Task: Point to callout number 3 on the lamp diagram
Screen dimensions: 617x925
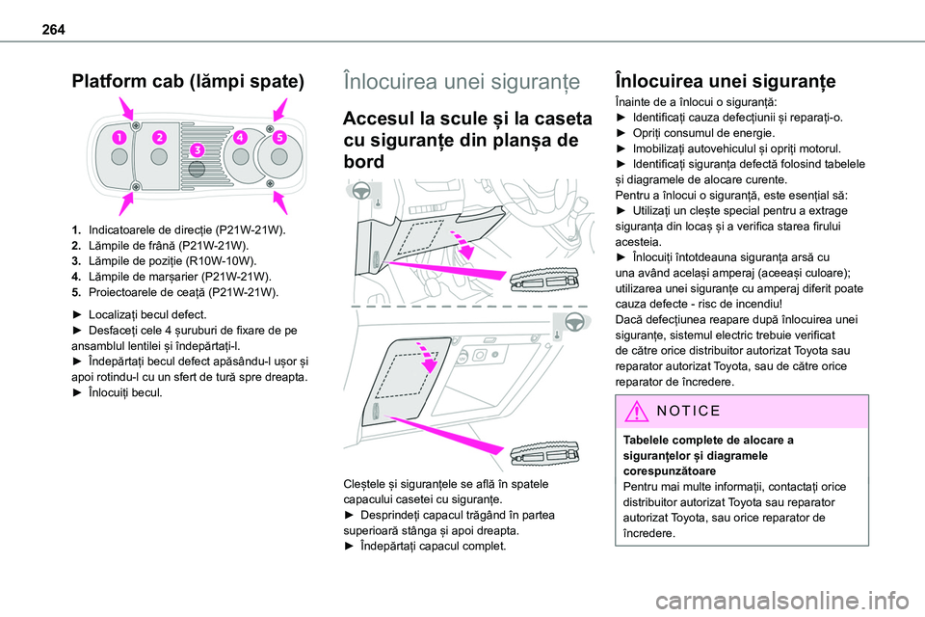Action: [198, 150]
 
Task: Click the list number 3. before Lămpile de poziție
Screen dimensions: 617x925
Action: [76, 261]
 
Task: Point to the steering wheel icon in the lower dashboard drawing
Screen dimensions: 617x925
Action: [572, 321]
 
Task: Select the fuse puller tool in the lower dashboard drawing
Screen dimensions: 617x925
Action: [543, 456]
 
